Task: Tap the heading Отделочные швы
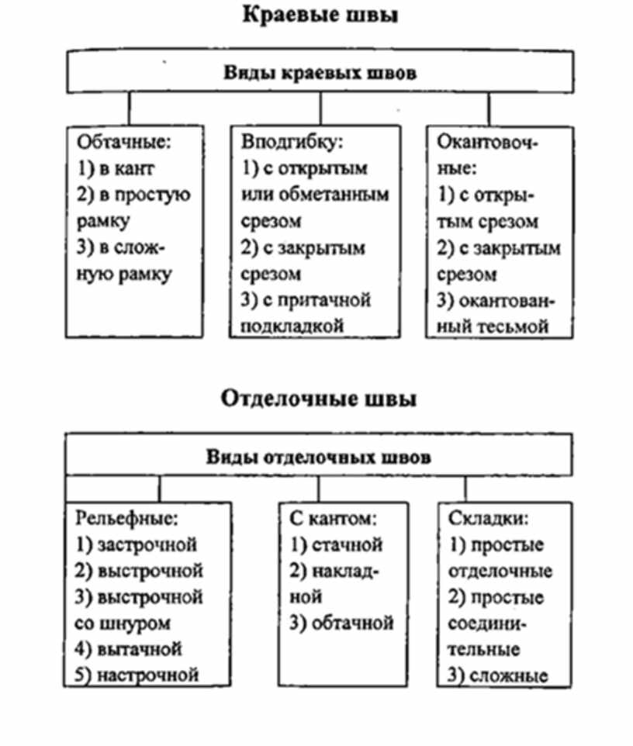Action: [319, 399]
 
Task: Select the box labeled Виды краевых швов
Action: [320, 74]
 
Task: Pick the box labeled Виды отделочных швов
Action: [318, 456]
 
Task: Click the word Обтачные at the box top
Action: [123, 142]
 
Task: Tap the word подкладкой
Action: [292, 326]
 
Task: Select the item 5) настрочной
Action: [137, 674]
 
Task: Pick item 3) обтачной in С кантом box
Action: [341, 622]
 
